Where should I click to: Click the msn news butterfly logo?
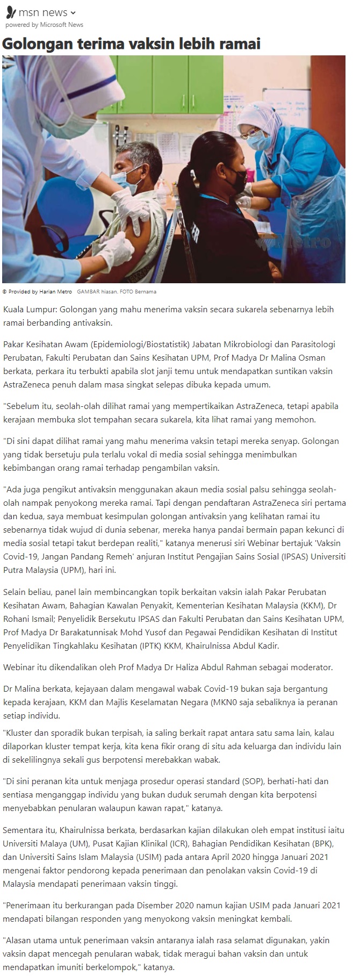pyautogui.click(x=10, y=12)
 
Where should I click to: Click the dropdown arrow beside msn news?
pyautogui.click(x=73, y=13)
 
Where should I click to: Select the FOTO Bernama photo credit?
pyautogui.click(x=139, y=292)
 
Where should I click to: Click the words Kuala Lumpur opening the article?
pyautogui.click(x=30, y=310)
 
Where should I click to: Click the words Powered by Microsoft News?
pyautogui.click(x=44, y=25)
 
